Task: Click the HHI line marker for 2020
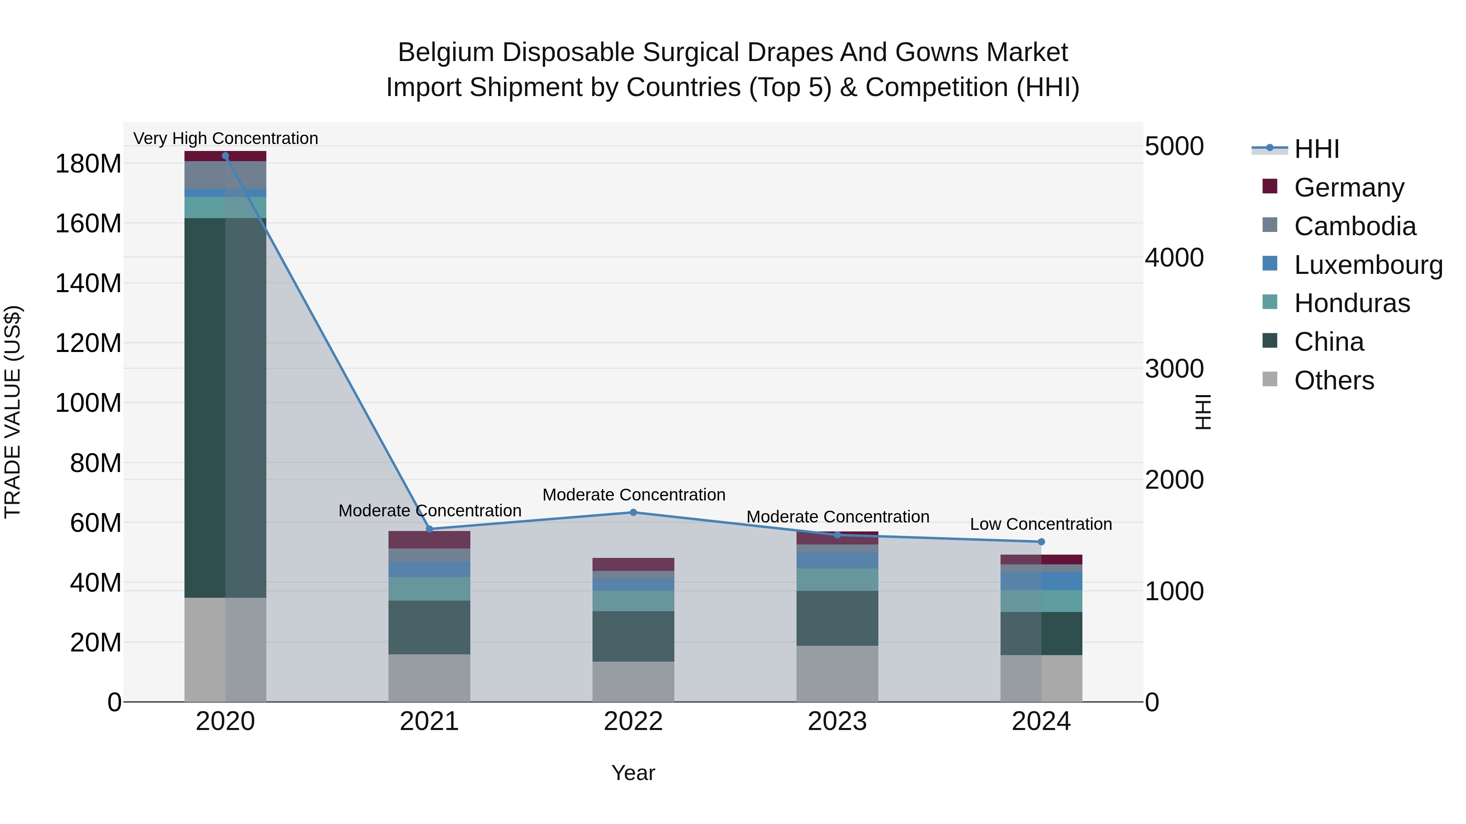(225, 156)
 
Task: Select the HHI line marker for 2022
(633, 512)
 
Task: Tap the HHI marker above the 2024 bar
(1041, 542)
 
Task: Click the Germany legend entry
(1348, 188)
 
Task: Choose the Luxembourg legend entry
(1367, 265)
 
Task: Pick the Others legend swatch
(1270, 379)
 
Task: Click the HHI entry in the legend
(1316, 149)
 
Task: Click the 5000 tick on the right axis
(1174, 147)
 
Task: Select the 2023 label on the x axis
(837, 721)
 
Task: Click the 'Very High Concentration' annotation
(225, 139)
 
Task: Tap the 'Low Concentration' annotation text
(1041, 525)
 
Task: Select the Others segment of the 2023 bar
(837, 673)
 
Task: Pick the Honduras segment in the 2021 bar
(429, 588)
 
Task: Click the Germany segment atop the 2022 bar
(633, 564)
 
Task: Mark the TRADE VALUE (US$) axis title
(13, 412)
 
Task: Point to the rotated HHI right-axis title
(1203, 412)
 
